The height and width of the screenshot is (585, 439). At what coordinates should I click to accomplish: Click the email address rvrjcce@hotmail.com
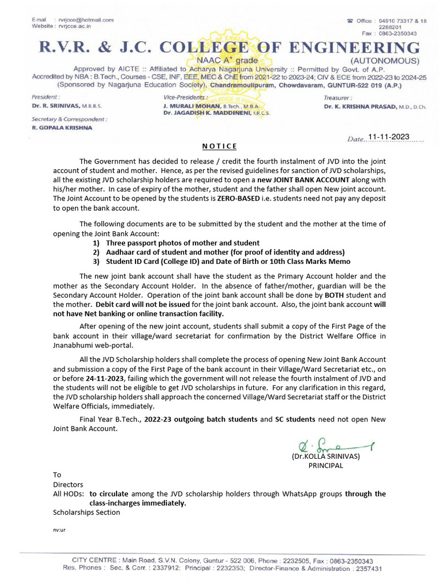point(85,20)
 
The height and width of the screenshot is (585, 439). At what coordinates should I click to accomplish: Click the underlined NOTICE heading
point(219,147)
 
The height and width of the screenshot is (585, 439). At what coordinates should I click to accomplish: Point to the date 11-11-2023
point(389,137)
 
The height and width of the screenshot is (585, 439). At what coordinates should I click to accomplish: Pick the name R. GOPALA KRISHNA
point(62,128)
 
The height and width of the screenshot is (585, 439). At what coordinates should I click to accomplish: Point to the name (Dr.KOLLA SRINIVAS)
point(326,456)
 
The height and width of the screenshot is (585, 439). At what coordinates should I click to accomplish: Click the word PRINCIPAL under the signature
point(326,465)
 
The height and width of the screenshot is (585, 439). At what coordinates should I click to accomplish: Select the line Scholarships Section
point(86,512)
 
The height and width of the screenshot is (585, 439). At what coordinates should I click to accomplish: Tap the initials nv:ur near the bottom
point(59,530)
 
